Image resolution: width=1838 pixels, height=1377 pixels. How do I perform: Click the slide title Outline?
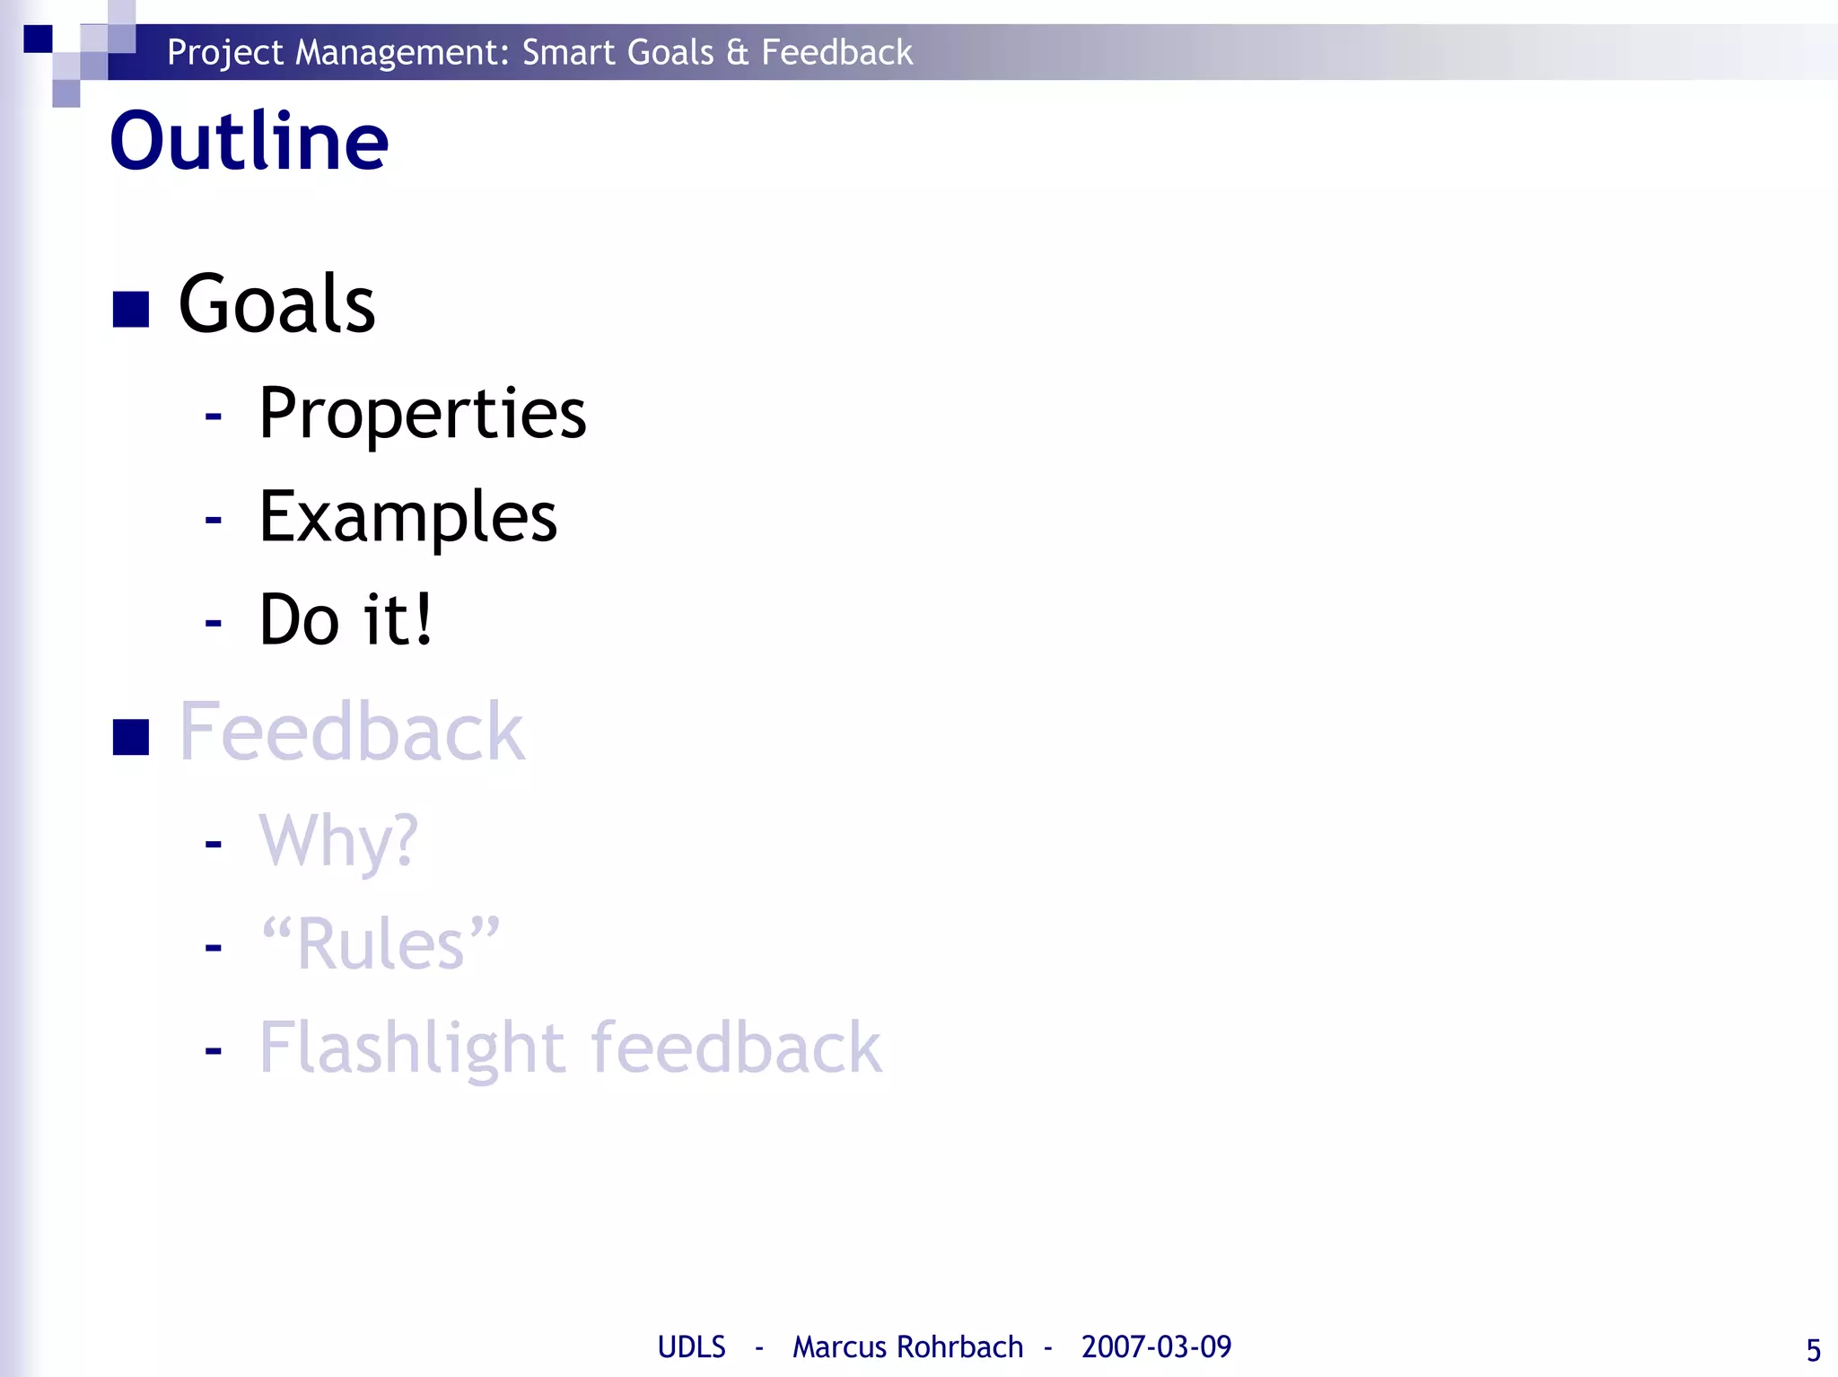[249, 141]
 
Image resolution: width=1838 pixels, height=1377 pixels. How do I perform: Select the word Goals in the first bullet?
[276, 304]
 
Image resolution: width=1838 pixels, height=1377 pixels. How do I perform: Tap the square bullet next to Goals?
[130, 310]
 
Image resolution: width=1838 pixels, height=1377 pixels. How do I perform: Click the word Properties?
[422, 414]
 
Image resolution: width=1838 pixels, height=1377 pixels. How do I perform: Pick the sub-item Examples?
[407, 518]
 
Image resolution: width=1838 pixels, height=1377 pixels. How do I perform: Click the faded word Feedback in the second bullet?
[351, 732]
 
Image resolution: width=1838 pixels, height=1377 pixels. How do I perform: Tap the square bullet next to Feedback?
[130, 738]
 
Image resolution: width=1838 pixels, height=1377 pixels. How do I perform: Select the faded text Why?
[338, 841]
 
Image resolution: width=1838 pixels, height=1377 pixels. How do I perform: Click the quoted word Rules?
[380, 943]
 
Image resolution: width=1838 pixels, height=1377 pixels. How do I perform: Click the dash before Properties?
[213, 416]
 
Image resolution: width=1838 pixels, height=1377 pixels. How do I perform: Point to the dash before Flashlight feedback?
[213, 1049]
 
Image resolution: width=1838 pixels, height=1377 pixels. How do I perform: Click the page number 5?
[1813, 1350]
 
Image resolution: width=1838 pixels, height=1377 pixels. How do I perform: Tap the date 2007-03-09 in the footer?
[1156, 1347]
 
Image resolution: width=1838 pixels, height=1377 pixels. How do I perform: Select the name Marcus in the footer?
[840, 1347]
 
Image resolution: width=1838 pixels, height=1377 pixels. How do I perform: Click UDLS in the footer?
[691, 1347]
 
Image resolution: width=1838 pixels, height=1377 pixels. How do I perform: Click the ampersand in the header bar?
[737, 53]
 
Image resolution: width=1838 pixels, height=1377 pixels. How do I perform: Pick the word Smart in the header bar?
[568, 53]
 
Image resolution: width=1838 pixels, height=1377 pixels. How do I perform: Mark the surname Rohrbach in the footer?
[959, 1347]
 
